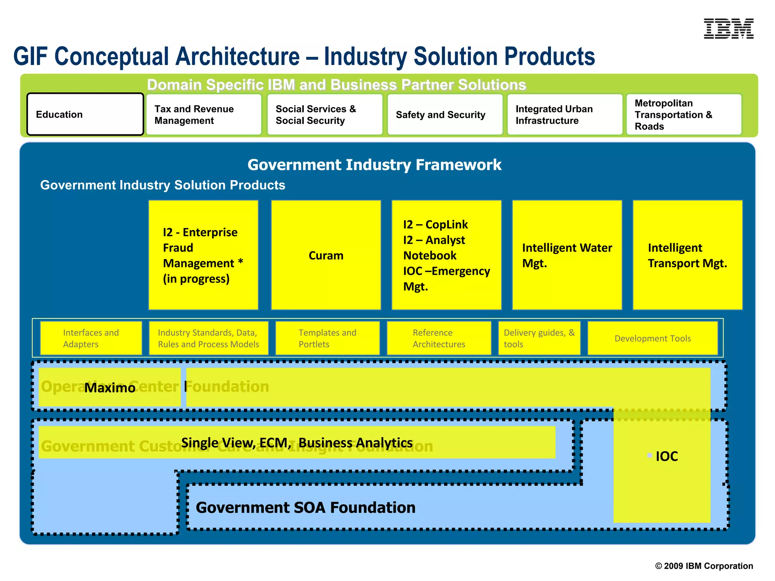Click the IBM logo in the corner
coord(728,29)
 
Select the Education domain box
coord(85,114)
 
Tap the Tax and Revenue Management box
coord(204,115)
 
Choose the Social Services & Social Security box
coord(325,115)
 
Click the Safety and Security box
coord(445,115)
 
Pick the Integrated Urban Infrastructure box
coord(565,115)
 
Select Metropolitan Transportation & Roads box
coord(683,115)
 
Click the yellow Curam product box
coord(326,255)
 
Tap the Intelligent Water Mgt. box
coord(567,255)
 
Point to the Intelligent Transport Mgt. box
coord(687,255)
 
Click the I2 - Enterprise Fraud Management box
coord(203,255)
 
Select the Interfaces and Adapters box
coord(91,338)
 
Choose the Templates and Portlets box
coord(327,338)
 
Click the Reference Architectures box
coord(439,338)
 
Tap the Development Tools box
coord(652,338)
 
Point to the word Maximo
coord(110,388)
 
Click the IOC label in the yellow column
coord(666,456)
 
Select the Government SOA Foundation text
coord(305,507)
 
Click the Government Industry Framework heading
coord(374,165)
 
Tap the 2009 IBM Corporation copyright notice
coord(704,566)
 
